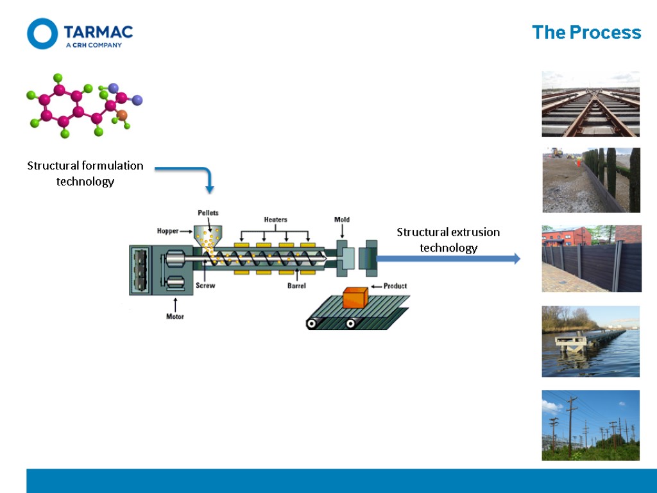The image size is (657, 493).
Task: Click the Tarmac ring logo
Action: click(x=42, y=33)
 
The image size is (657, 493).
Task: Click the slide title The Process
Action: click(x=586, y=33)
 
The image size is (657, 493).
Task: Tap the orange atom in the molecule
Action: click(x=123, y=116)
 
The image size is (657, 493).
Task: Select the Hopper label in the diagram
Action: click(x=168, y=231)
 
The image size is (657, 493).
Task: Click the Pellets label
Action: click(x=208, y=212)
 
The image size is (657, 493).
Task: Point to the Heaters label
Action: click(x=275, y=220)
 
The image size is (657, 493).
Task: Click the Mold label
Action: click(x=342, y=220)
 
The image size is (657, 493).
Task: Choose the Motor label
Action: click(x=175, y=316)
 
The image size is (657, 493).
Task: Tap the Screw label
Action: click(x=205, y=286)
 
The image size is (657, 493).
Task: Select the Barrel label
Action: click(x=296, y=286)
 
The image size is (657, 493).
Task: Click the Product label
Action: click(x=395, y=286)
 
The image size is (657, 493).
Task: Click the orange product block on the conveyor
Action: click(x=354, y=298)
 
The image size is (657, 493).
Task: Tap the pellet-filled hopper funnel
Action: click(x=208, y=238)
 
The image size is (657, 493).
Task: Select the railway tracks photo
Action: click(x=590, y=104)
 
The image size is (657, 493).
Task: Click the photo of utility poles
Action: click(x=590, y=425)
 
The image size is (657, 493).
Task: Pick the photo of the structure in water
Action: click(x=590, y=341)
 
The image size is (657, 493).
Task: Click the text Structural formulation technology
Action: click(x=85, y=173)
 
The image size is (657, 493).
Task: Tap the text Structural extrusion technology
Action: click(x=448, y=239)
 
